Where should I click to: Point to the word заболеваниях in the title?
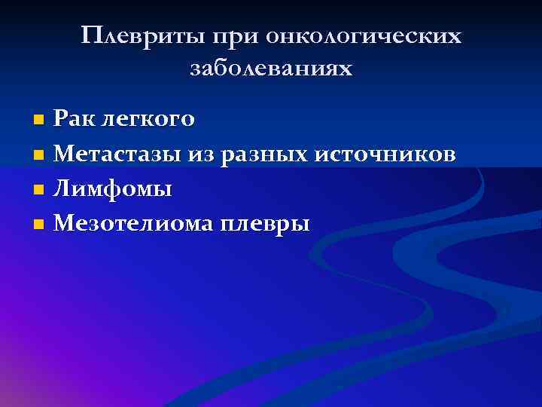[271, 69]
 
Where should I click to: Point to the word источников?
[384, 154]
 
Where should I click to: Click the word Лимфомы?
[114, 189]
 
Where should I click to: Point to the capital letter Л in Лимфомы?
[64, 188]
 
